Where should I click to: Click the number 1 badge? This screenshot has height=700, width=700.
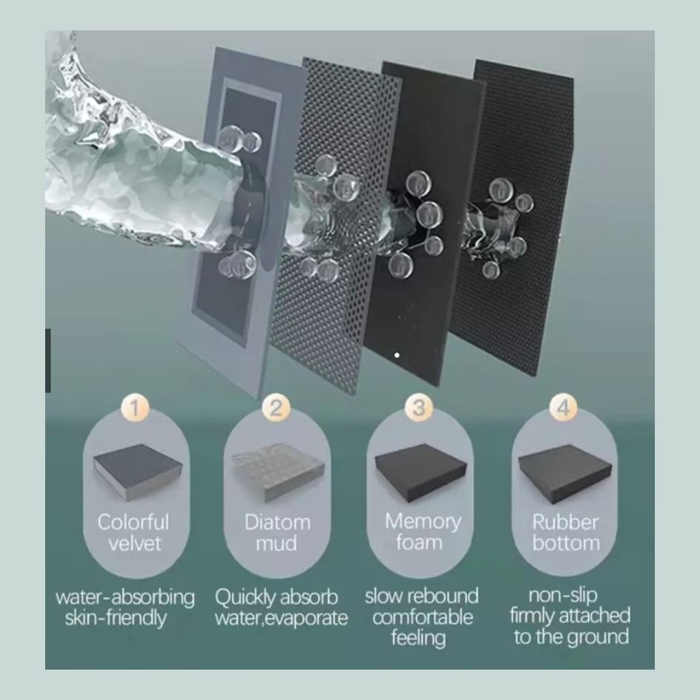134,407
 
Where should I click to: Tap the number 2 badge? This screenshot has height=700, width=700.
276,407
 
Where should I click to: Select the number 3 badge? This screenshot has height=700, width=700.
419,407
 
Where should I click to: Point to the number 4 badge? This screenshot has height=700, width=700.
564,407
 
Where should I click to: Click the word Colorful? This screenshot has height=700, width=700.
133,522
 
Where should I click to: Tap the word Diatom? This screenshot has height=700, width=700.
277,522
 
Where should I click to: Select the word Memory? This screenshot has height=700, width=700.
423,522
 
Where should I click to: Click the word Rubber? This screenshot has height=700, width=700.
565,522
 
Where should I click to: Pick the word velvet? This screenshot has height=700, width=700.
134,543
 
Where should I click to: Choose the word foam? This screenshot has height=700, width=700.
419,542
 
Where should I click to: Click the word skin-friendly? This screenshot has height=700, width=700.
116,619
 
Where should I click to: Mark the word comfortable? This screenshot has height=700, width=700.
423,618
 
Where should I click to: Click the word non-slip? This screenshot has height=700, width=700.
563,595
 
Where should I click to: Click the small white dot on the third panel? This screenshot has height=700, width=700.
397,356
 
